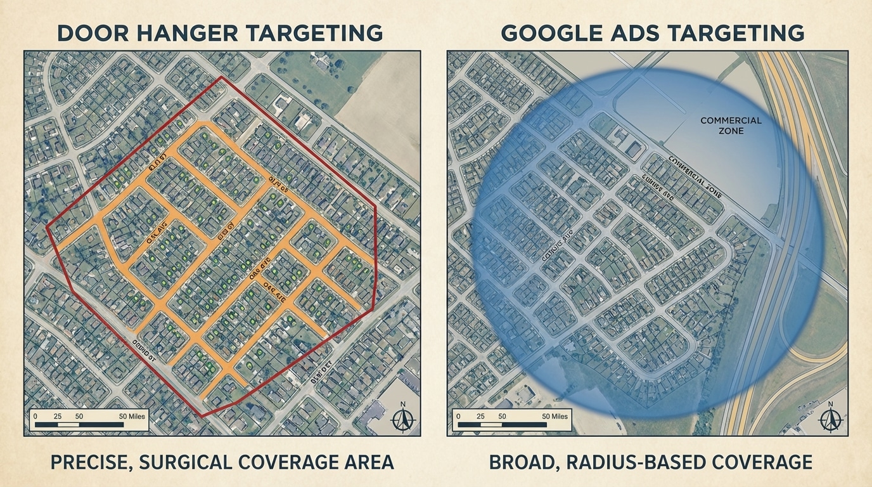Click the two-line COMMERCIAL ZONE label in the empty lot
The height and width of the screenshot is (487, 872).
tap(731, 125)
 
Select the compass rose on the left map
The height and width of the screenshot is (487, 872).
tap(402, 419)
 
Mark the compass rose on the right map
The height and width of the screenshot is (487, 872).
tap(830, 419)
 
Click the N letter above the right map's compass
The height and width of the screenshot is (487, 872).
tap(830, 404)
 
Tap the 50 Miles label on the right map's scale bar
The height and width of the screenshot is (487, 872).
tap(550, 416)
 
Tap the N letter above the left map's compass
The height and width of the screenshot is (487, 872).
tap(402, 404)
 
